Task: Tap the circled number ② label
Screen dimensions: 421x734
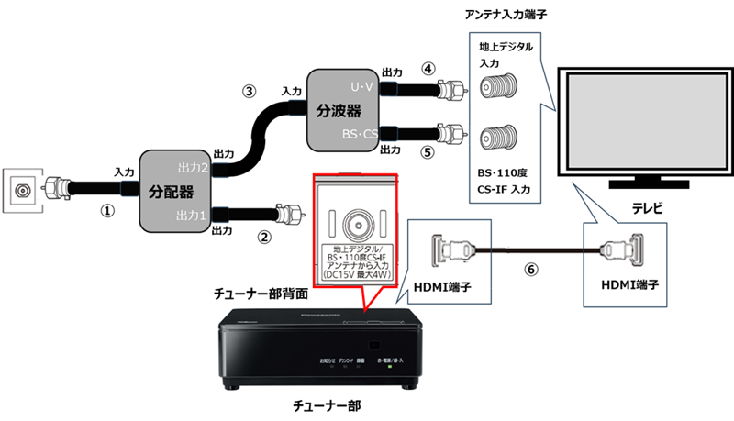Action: tap(264, 237)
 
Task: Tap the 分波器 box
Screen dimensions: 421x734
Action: tap(346, 109)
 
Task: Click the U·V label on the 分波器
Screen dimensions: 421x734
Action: tap(364, 85)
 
